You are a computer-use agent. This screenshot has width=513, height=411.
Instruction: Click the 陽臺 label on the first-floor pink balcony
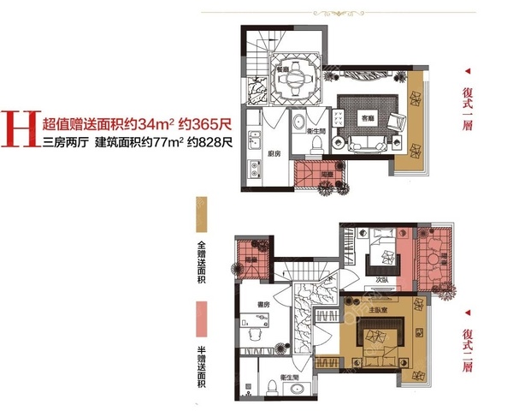click(x=326, y=173)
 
